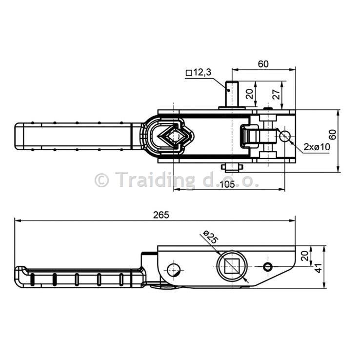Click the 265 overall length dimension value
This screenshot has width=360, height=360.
pos(161,215)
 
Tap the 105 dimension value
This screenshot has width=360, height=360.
pos(227,184)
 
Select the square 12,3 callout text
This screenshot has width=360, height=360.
pos(199,73)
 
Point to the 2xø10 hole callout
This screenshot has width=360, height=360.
pos(317,147)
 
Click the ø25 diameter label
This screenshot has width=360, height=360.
pos(211,238)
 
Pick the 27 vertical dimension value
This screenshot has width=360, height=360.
pos(277,94)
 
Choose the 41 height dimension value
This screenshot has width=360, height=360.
pos(319,268)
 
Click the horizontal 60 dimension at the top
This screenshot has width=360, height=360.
pos(263,64)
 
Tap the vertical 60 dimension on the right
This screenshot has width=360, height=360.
pos(333,135)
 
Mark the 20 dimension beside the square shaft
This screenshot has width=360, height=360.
pos(250,94)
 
